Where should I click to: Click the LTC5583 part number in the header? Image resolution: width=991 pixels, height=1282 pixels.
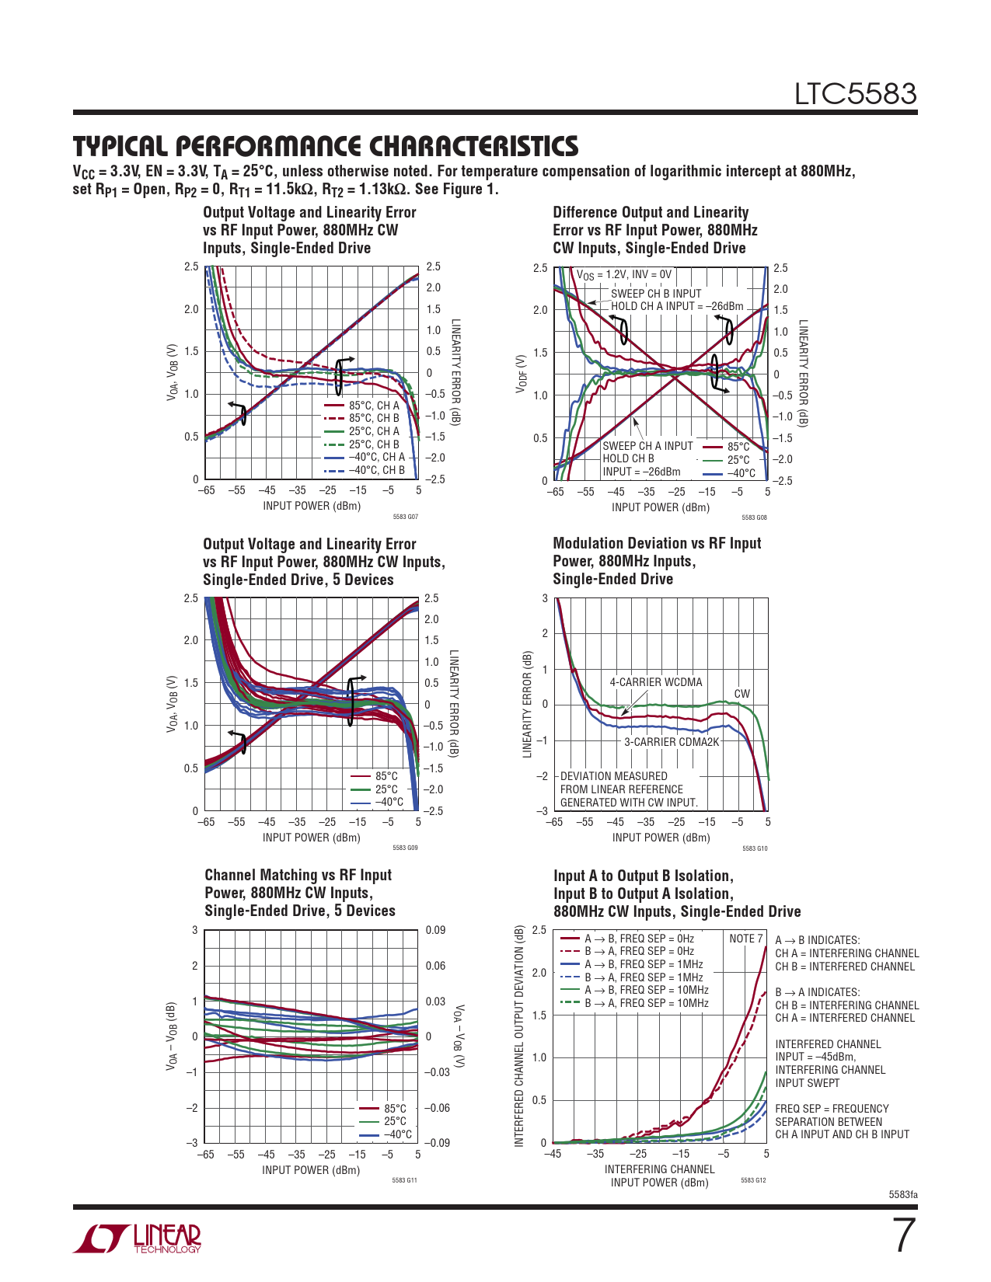coord(855,94)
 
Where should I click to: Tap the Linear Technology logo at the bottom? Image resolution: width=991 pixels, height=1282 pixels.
coord(138,1238)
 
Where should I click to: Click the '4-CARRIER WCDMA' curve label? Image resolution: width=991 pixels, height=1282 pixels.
coord(655,682)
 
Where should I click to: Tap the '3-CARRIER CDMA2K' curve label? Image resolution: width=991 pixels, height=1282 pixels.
coord(672,742)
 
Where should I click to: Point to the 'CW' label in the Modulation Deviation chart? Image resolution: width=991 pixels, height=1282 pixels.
coord(742,694)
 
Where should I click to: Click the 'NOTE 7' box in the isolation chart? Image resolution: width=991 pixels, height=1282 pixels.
coord(745,939)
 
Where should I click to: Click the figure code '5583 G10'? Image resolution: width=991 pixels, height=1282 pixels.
coord(754,848)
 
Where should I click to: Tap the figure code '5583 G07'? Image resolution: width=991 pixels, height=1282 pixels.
coord(405,517)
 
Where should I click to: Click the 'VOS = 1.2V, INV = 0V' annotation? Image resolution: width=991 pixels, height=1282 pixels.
coord(623,274)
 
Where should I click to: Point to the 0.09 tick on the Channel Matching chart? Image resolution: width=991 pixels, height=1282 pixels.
coord(435,930)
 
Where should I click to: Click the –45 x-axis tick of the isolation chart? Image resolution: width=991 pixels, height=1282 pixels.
coord(552,1154)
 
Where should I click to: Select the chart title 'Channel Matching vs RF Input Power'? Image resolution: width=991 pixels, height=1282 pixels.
coord(299,893)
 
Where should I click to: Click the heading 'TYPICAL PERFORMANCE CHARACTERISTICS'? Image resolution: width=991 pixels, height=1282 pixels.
coord(326,146)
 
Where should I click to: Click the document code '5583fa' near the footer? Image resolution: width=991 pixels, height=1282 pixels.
coord(902,1194)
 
